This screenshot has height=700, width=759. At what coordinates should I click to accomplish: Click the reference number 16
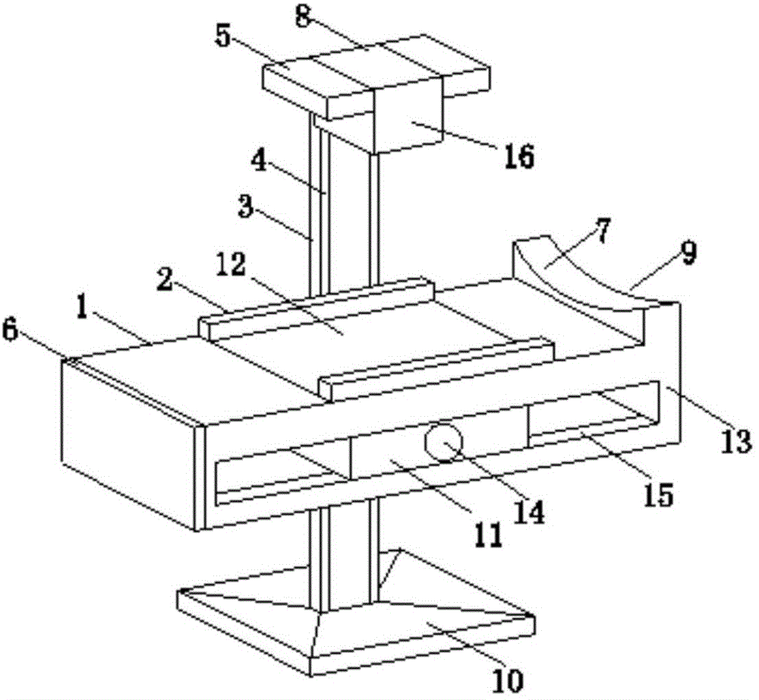pos(518,156)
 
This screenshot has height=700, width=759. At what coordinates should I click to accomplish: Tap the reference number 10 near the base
pos(509,681)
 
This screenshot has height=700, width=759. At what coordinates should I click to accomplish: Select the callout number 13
pos(735,442)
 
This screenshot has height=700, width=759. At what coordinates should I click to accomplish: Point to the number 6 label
pos(10,332)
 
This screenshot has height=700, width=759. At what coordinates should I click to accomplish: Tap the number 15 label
pos(659,495)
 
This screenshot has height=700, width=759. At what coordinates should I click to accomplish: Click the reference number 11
pos(487,536)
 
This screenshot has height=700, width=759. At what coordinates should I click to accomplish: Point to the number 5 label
pos(223,36)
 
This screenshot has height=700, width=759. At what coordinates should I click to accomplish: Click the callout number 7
pos(603,232)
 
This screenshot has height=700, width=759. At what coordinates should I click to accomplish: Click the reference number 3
pos(246,207)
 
